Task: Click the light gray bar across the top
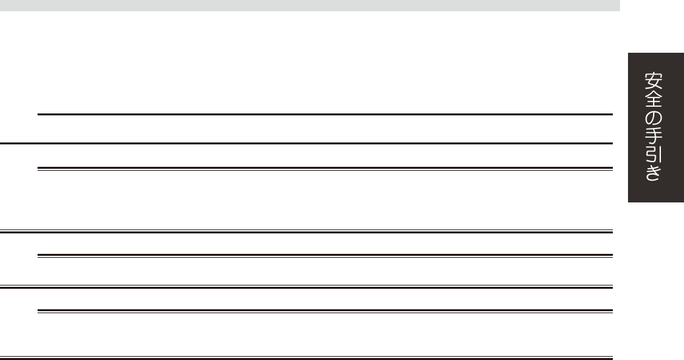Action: tap(310, 5)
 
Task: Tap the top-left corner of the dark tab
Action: tap(629, 53)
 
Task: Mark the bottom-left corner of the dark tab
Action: tap(629, 200)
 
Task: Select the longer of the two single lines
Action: tap(306, 143)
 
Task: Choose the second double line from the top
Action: tap(306, 231)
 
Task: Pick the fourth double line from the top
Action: tap(306, 287)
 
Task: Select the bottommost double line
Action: tap(306, 359)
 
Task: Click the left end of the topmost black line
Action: tap(39, 115)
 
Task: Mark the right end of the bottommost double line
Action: tap(612, 359)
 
